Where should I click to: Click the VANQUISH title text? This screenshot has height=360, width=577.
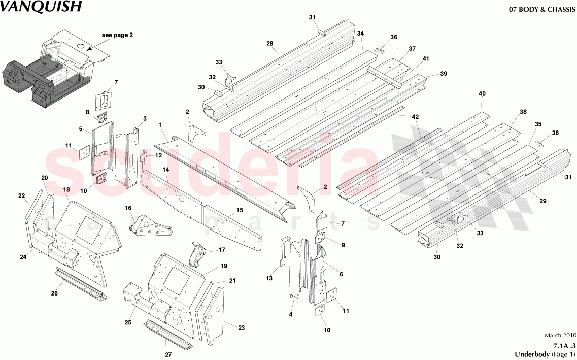[x=40, y=7]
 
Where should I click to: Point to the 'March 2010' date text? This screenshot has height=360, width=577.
[x=560, y=335]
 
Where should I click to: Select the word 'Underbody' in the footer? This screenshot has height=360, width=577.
[x=531, y=354]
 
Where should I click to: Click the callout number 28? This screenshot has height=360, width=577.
[x=270, y=44]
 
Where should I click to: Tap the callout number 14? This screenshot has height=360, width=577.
[x=165, y=169]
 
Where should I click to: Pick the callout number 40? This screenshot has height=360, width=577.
[x=482, y=94]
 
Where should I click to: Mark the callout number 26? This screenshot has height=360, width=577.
[x=54, y=293]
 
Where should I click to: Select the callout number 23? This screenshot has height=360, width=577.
[x=241, y=328]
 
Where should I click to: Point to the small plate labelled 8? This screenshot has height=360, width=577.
[x=103, y=118]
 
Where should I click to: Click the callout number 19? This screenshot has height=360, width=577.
[x=224, y=266]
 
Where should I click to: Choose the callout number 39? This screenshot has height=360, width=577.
[x=444, y=74]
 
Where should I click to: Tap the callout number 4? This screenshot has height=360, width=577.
[x=291, y=315]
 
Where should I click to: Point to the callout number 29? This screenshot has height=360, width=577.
[x=542, y=202]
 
